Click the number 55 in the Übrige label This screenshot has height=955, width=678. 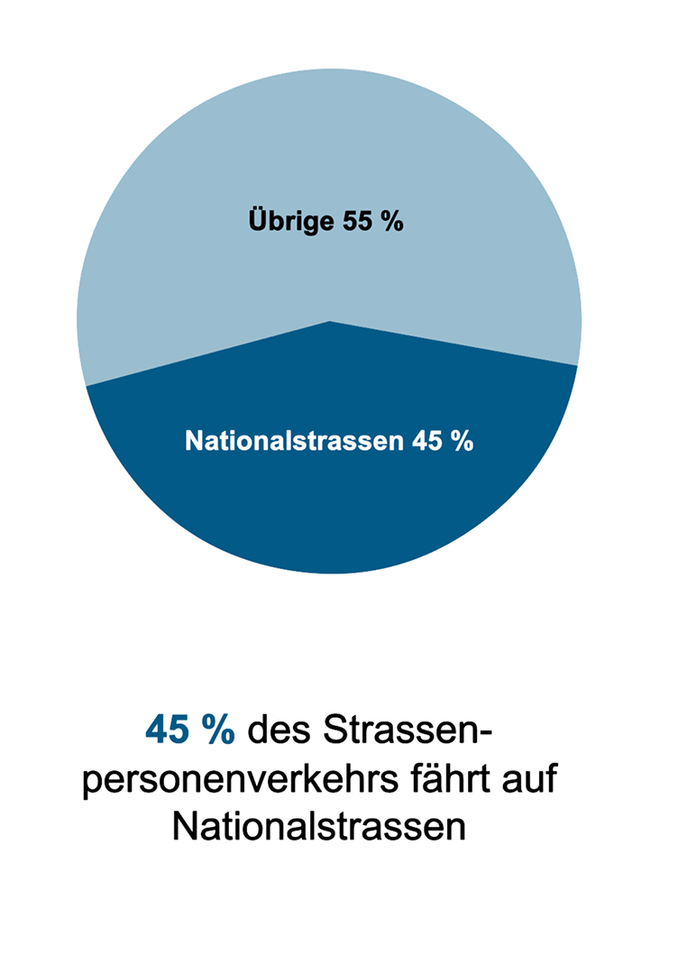pos(356,222)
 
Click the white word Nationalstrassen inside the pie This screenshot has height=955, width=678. pos(294,442)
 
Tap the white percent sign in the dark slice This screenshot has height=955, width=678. pos(462,442)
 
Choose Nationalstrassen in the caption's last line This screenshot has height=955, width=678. pos(319,826)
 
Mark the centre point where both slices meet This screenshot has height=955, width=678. pos(330,321)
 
